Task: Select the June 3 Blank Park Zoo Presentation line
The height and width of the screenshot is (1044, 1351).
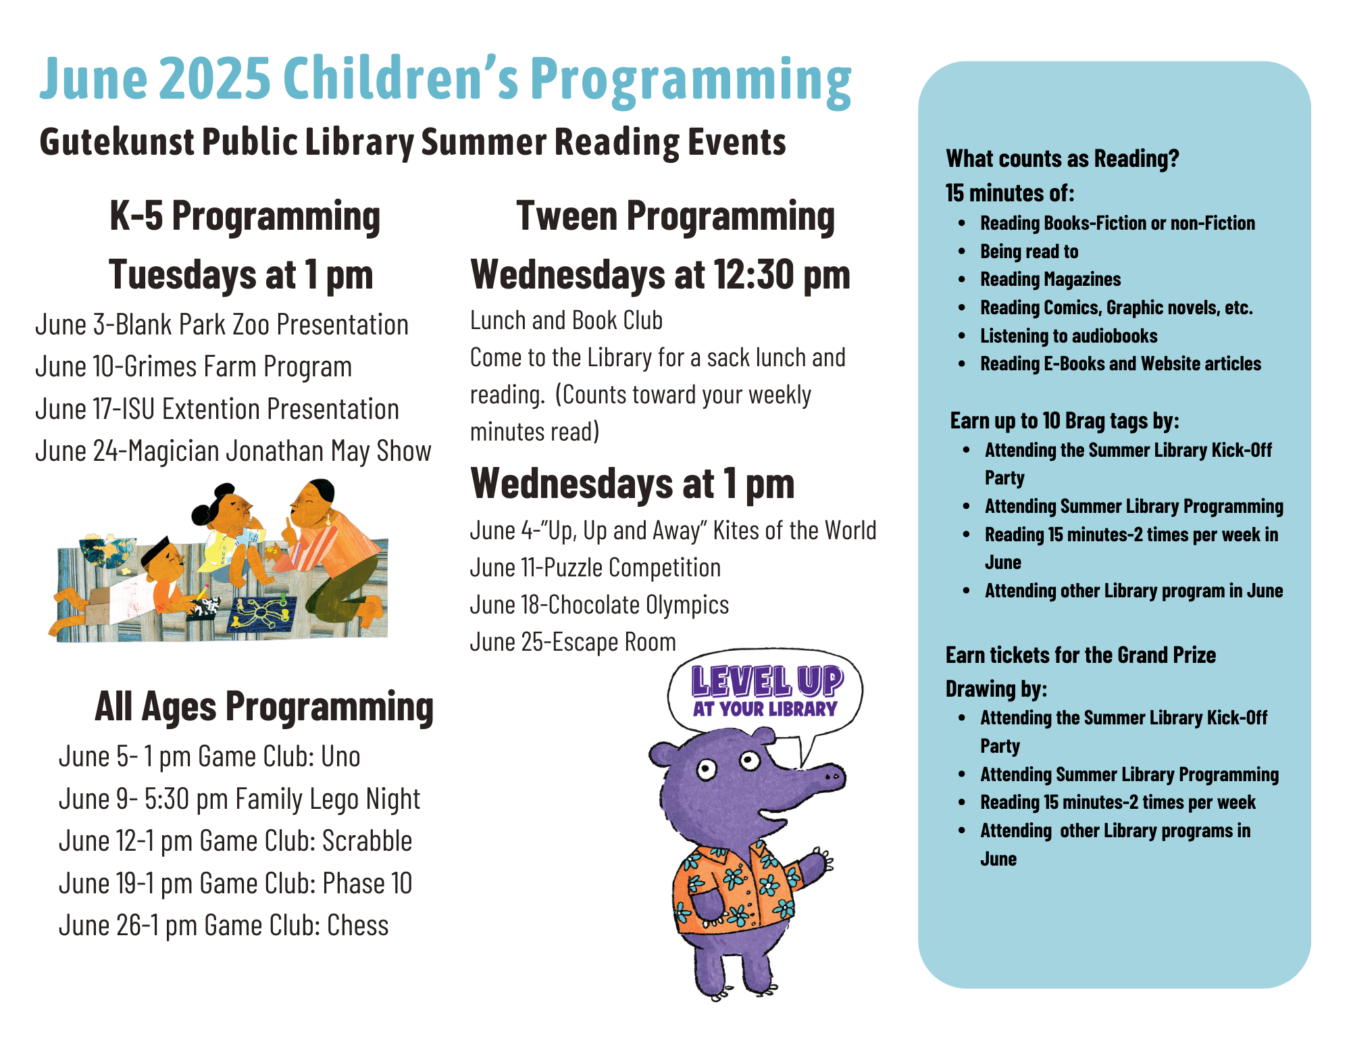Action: (222, 325)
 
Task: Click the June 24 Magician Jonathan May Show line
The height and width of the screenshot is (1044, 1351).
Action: (233, 451)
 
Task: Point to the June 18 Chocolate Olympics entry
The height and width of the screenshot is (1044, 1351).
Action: (599, 605)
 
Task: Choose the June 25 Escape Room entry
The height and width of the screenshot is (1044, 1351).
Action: (573, 642)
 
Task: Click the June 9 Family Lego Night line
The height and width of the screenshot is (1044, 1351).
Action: (239, 799)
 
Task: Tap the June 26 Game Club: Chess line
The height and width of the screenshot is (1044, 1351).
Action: (224, 926)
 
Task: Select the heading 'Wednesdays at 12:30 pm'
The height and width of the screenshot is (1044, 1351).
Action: (660, 275)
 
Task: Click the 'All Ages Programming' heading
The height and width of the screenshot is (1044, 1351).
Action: (264, 707)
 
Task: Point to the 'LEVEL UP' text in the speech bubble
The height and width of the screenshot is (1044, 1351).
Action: (767, 681)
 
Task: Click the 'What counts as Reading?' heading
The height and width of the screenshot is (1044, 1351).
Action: (1062, 159)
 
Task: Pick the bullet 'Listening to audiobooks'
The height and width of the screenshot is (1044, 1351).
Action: (1069, 336)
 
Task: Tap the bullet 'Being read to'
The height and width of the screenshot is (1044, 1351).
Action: (1029, 251)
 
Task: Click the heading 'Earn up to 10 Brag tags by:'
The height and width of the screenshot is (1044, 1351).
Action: (1065, 421)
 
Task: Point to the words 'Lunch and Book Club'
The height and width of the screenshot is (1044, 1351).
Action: (566, 320)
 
